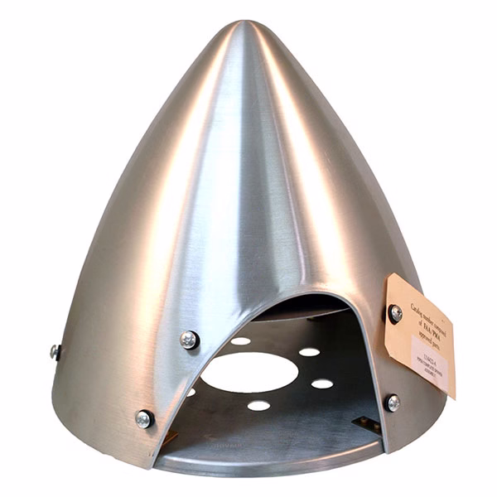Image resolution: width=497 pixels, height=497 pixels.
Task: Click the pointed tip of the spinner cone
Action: (x=248, y=27)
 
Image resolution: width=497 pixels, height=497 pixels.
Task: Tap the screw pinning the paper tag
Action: (x=395, y=313)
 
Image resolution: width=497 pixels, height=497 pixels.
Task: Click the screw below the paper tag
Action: (x=392, y=403)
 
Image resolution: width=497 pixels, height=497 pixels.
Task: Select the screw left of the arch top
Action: (x=190, y=339)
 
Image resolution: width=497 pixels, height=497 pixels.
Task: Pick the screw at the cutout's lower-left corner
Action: (x=144, y=418)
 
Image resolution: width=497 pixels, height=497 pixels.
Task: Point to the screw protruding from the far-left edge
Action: (x=55, y=351)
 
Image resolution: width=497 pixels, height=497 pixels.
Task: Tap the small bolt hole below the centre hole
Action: (x=258, y=406)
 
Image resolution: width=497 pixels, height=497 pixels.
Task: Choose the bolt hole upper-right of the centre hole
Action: (x=309, y=352)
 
